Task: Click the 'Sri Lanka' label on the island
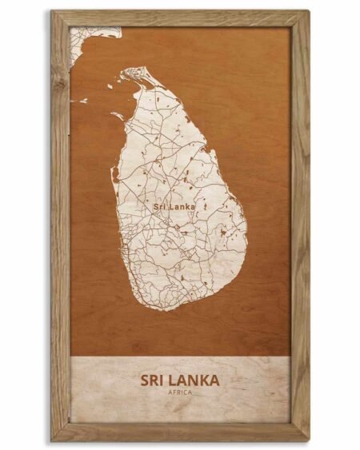click(x=174, y=206)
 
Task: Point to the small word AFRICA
click(x=180, y=392)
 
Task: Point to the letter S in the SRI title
click(x=146, y=378)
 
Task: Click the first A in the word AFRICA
click(x=170, y=392)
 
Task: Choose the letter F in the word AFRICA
click(x=174, y=392)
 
